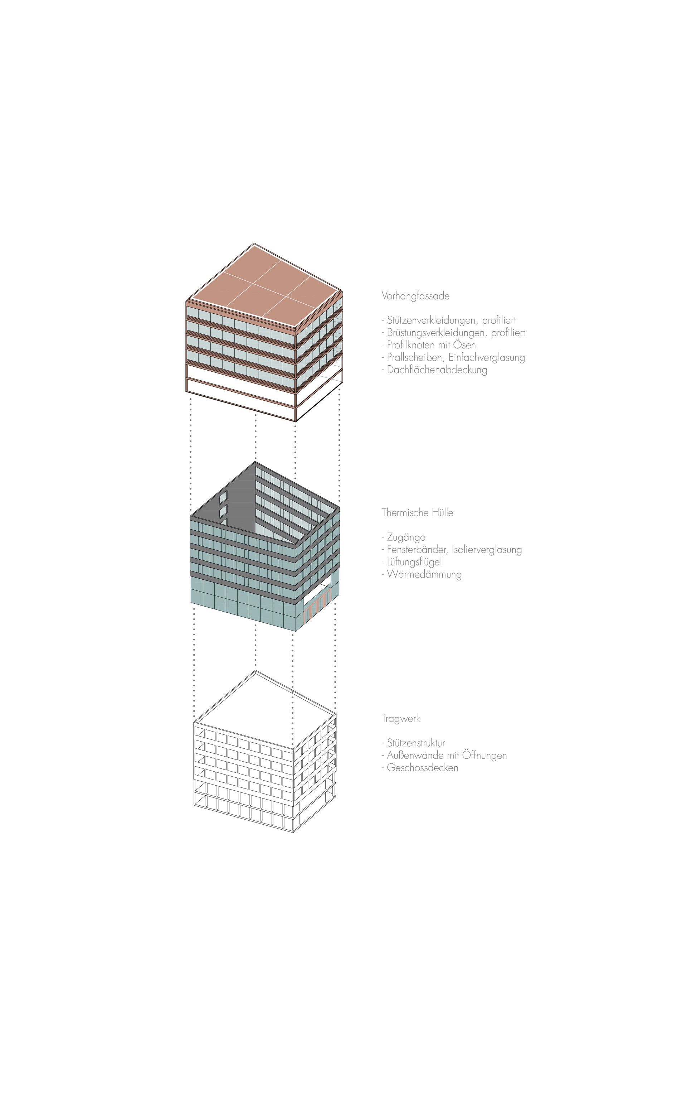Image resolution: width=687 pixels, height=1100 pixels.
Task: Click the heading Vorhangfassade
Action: click(x=415, y=296)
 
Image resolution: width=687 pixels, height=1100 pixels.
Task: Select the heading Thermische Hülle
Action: click(x=417, y=513)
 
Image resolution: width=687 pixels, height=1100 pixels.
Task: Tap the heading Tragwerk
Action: click(x=401, y=719)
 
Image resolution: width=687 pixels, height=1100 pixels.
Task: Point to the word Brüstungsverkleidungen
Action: click(x=436, y=333)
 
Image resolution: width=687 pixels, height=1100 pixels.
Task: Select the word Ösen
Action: click(x=464, y=344)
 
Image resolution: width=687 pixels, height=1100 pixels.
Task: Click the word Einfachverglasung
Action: click(x=487, y=357)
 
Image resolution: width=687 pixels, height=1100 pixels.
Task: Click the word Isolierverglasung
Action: click(x=487, y=550)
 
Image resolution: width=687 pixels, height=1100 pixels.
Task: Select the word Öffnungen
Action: click(x=484, y=755)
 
